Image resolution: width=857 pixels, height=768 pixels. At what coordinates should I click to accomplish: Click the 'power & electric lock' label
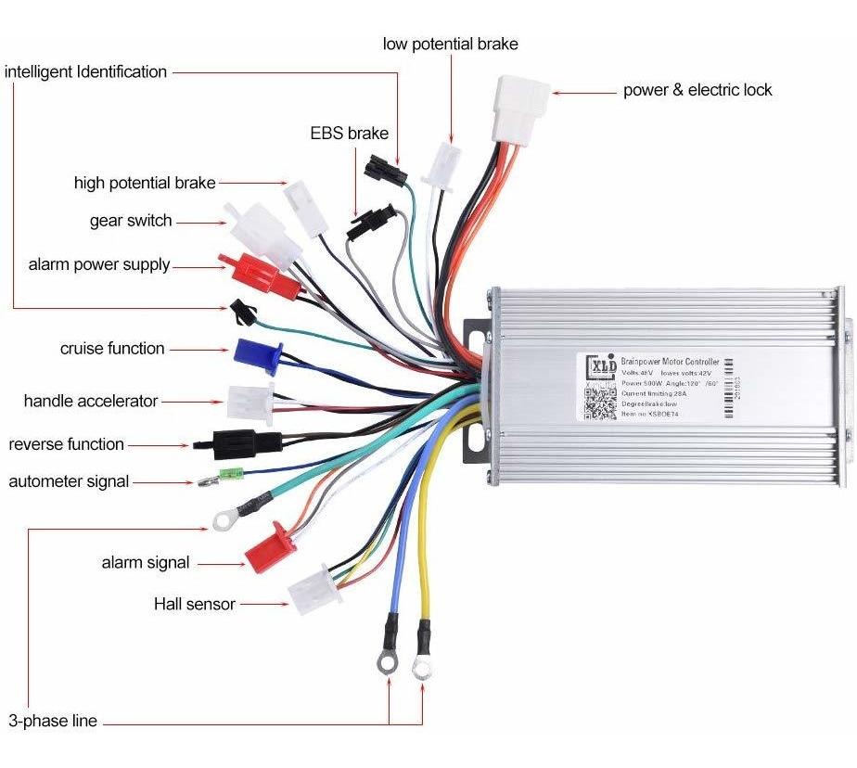[697, 90]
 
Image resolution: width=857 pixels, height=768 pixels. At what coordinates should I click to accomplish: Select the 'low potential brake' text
[450, 44]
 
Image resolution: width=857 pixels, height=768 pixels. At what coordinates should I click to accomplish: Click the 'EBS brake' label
[349, 134]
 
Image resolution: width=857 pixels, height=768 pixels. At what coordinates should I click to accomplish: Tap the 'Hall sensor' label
[194, 605]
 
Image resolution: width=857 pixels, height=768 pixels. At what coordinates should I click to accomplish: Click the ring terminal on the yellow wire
[422, 664]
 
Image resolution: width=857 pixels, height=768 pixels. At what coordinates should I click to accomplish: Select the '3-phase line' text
[52, 721]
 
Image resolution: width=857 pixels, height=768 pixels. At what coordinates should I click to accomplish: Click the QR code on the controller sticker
[599, 405]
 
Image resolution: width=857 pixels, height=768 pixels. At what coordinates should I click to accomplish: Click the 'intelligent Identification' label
[86, 71]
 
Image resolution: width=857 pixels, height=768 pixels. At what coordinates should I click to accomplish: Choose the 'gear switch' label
[131, 221]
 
